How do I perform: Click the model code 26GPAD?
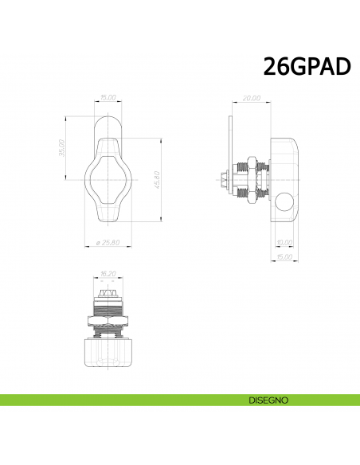tap(307, 67)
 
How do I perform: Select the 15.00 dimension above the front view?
tap(108, 97)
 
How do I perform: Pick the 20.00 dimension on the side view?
tap(251, 98)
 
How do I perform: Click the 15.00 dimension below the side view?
tap(283, 256)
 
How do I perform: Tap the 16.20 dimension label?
tap(108, 273)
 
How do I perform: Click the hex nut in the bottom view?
tap(108, 320)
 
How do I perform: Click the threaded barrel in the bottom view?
tap(108, 307)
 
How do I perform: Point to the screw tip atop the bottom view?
tap(108, 294)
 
